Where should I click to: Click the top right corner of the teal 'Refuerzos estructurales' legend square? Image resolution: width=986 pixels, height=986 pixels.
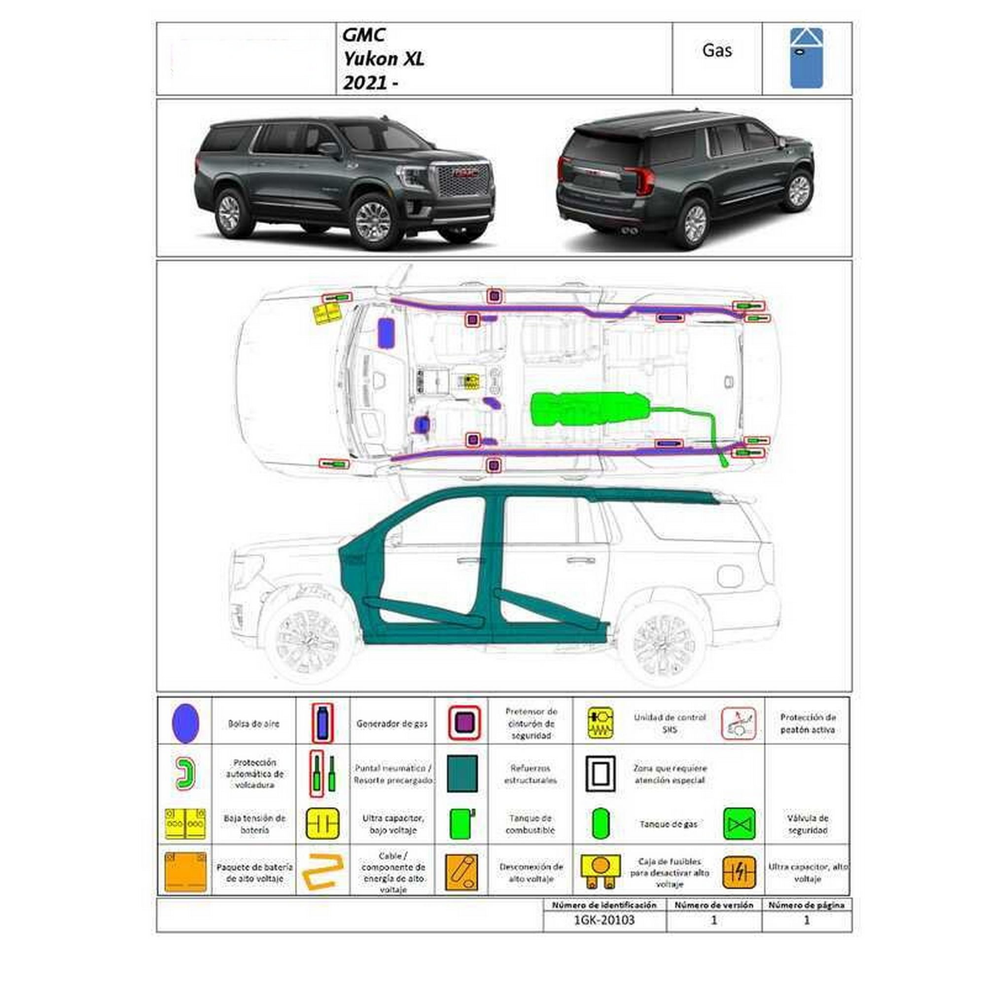click(478, 756)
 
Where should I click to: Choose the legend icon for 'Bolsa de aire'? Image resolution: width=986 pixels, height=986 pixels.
click(185, 723)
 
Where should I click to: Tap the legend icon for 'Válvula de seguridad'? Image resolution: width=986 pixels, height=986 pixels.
click(739, 824)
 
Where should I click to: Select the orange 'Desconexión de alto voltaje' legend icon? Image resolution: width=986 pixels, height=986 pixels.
click(461, 873)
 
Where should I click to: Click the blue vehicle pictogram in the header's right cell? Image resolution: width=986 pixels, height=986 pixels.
click(807, 58)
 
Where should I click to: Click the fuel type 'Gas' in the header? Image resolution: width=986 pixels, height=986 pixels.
click(717, 50)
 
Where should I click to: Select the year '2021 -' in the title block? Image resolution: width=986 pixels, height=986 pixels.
click(370, 83)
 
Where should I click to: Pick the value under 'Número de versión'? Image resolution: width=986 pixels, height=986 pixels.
click(713, 920)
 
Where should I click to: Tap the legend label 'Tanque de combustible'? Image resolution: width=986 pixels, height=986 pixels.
click(530, 824)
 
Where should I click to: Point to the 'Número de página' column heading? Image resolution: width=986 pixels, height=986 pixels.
click(807, 905)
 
